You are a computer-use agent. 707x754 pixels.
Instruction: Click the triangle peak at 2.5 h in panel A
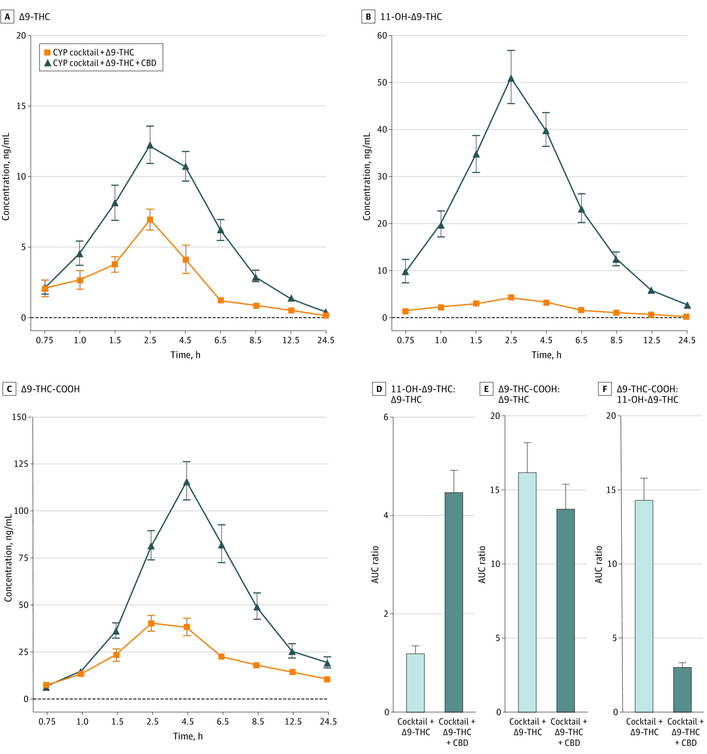click(150, 145)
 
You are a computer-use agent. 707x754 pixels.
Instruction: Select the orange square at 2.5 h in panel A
click(150, 220)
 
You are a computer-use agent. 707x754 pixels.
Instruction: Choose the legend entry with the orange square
click(89, 52)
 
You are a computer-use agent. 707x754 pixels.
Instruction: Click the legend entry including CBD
click(100, 63)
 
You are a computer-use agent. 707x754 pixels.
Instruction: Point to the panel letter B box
click(368, 17)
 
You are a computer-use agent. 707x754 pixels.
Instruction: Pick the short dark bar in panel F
click(682, 690)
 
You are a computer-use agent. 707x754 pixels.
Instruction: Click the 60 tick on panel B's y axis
click(382, 36)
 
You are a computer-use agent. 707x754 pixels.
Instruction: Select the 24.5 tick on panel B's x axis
click(686, 340)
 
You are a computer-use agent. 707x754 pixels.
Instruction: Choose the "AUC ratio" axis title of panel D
click(375, 565)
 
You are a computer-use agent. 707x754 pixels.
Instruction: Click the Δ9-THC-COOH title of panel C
click(50, 389)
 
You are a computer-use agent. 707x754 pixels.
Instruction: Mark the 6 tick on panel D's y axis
click(386, 417)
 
